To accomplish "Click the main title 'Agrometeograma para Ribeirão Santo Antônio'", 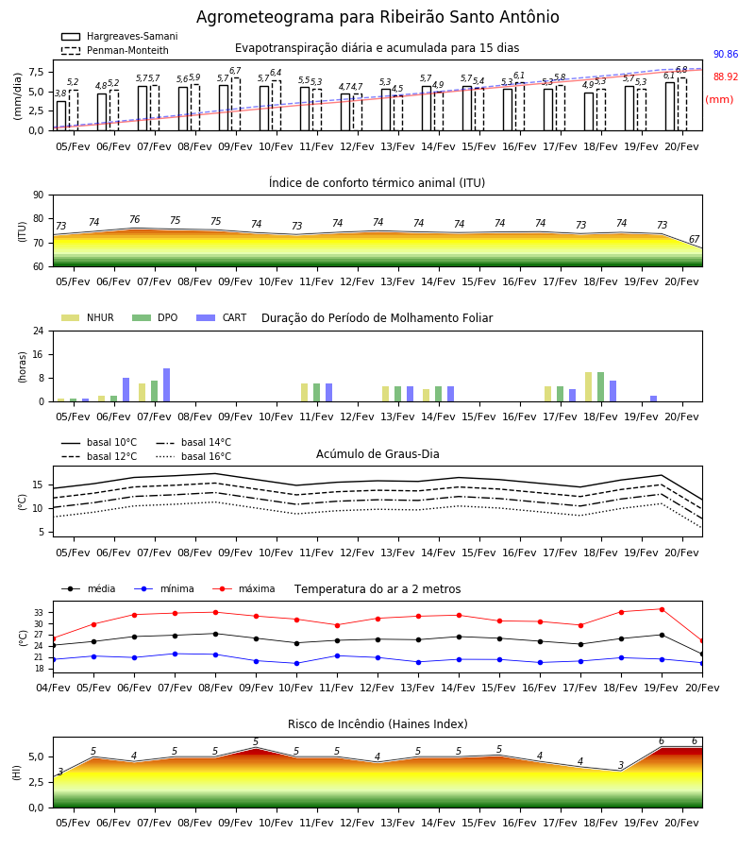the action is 377,17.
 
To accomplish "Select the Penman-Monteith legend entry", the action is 115,50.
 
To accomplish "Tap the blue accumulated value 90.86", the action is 725,54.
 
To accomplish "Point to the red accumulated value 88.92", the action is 725,77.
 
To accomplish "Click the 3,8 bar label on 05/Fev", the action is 60,93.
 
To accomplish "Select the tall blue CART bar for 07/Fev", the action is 167,385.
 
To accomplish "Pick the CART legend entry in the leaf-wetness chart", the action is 222,317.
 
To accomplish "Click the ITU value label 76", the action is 134,219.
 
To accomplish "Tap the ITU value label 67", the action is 694,239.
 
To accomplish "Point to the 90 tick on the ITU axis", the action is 39,195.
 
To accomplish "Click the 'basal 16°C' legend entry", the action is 193,456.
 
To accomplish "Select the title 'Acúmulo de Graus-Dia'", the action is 377,454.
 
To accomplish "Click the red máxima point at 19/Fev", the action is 662,609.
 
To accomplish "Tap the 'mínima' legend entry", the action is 164,588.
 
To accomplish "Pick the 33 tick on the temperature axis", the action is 39,613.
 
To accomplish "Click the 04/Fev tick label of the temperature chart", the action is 53,688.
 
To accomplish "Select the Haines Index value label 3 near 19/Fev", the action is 621,765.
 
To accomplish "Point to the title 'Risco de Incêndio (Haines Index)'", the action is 377,724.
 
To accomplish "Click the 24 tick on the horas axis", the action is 39,331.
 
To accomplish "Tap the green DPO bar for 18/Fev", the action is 600,387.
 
